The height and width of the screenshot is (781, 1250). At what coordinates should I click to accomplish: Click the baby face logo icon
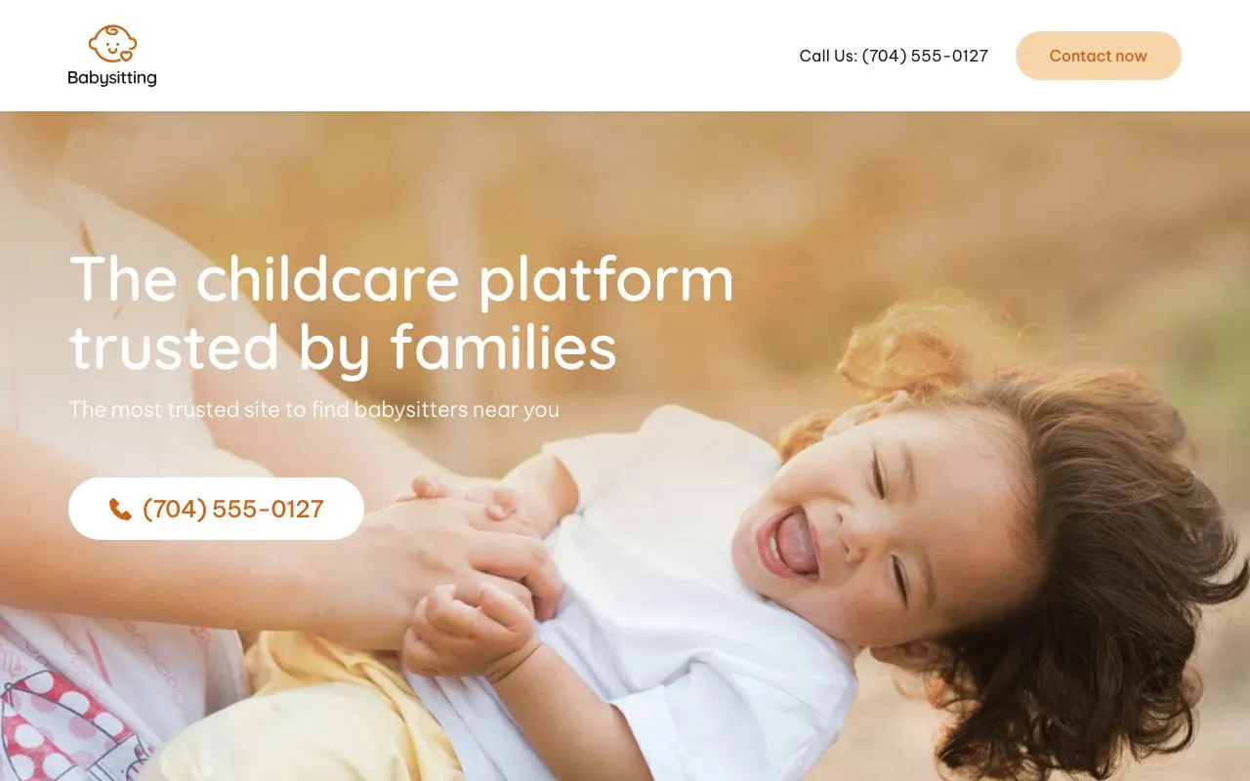112,44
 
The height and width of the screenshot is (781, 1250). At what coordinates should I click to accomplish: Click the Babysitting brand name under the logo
112,78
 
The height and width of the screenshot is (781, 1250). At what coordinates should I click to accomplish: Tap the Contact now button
1098,56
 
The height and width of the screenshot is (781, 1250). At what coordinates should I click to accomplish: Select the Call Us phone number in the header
924,56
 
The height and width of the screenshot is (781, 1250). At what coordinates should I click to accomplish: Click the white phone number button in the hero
216,509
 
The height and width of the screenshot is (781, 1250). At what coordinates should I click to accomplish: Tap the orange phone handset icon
120,510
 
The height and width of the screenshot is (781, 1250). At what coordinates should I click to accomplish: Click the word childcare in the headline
328,278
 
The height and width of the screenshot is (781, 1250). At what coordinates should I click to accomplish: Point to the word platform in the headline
605,280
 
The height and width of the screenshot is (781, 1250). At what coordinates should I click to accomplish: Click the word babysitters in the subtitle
410,409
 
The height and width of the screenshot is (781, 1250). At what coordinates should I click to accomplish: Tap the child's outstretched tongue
796,543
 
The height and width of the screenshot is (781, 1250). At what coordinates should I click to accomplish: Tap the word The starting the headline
123,278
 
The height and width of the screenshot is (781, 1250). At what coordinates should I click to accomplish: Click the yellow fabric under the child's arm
293,693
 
